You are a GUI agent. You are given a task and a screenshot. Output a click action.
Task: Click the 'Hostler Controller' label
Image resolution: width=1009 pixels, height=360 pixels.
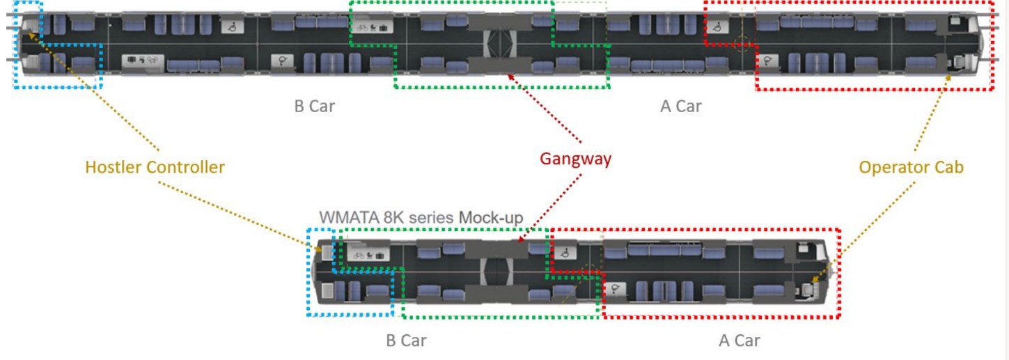(155, 167)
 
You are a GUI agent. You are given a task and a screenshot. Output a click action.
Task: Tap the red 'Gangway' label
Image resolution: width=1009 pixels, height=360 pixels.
(575, 159)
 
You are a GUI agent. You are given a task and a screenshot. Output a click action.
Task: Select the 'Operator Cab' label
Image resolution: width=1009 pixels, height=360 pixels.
(911, 167)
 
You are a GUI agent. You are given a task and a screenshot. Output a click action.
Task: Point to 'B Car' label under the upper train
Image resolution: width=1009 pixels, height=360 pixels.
(313, 107)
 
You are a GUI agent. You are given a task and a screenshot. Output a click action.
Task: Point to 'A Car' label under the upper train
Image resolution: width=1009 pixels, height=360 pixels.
(680, 107)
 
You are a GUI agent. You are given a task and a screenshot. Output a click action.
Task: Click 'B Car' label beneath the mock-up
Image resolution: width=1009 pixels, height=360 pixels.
(406, 341)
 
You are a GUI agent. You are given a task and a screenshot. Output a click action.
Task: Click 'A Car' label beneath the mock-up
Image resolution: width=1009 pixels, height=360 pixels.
(739, 341)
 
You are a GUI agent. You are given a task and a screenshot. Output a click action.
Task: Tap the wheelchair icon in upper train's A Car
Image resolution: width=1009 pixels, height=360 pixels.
(717, 27)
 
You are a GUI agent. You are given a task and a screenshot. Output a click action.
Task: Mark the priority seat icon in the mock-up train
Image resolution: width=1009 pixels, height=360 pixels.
(616, 288)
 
